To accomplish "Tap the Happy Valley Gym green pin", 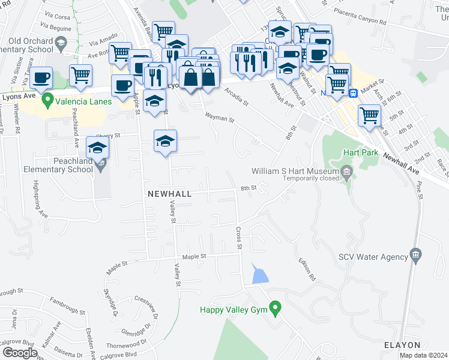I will click(x=276, y=310).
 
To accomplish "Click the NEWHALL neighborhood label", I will click(x=169, y=194).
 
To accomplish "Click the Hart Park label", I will click(x=361, y=153).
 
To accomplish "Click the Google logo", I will click(x=19, y=353).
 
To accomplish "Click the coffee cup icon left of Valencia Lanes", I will click(x=41, y=77).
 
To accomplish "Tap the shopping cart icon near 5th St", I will click(x=369, y=115).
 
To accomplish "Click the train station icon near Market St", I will click(x=354, y=93).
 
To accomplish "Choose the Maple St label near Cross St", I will click(x=194, y=256).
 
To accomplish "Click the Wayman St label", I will click(x=219, y=118).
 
